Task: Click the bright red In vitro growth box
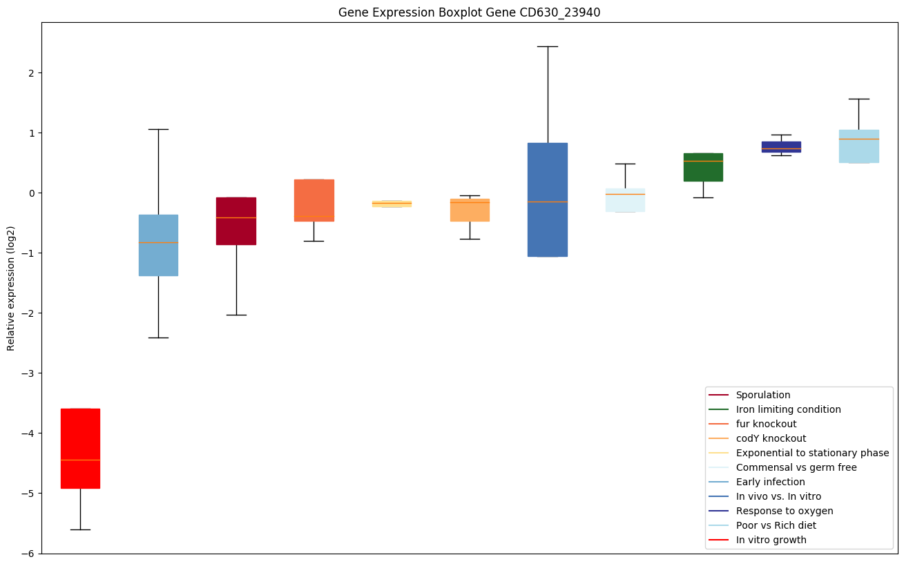80,448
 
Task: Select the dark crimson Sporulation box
236,221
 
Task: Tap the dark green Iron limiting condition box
703,167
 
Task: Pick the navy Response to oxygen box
781,147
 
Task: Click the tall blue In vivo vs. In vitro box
548,199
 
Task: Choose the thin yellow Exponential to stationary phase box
392,204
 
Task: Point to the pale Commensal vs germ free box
625,200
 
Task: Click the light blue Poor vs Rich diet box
858,146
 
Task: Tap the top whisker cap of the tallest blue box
548,46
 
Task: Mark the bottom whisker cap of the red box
80,529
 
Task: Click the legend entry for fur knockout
766,424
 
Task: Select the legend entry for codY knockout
771,438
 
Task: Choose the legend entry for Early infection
770,482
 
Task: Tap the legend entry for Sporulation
762,395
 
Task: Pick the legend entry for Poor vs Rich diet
776,525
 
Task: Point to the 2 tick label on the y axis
32,73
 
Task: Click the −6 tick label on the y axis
29,554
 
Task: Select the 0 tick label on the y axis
32,193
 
